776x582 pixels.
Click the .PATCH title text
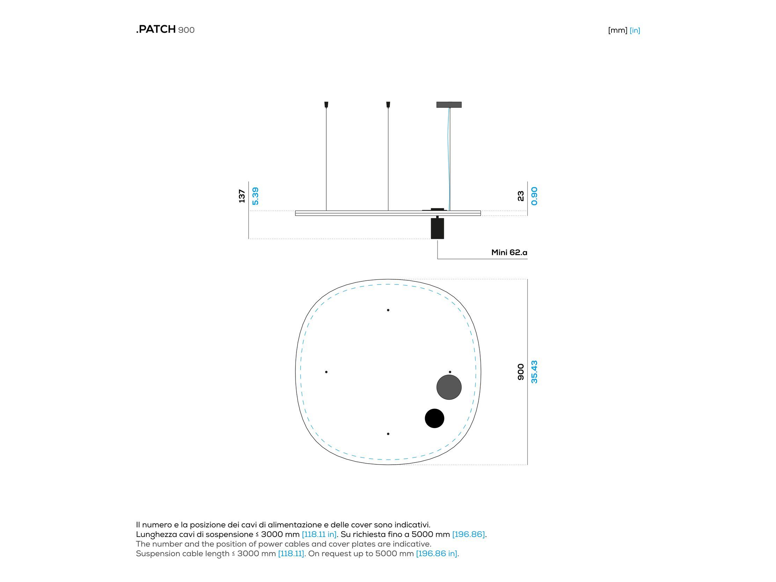[x=156, y=29]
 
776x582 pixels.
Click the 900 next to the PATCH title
[x=186, y=30]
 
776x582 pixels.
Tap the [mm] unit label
[x=617, y=30]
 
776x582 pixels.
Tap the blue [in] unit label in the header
[x=635, y=30]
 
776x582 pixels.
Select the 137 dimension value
[x=242, y=196]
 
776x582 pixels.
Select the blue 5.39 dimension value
[x=255, y=196]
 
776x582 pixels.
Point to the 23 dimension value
[x=521, y=196]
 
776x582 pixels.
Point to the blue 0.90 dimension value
[x=534, y=196]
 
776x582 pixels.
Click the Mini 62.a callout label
[x=509, y=252]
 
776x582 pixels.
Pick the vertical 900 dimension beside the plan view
[x=521, y=372]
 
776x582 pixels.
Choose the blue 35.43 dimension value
[x=534, y=372]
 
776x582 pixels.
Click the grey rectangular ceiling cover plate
[x=449, y=104]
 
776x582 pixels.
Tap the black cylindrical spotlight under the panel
[x=437, y=228]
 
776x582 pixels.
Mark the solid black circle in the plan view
[x=434, y=418]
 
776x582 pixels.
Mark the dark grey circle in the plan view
[x=449, y=387]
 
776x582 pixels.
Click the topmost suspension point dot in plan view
[x=388, y=310]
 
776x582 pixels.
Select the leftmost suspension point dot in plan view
[x=326, y=372]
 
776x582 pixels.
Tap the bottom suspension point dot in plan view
[x=388, y=434]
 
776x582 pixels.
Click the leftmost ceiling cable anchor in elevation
[x=326, y=104]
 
